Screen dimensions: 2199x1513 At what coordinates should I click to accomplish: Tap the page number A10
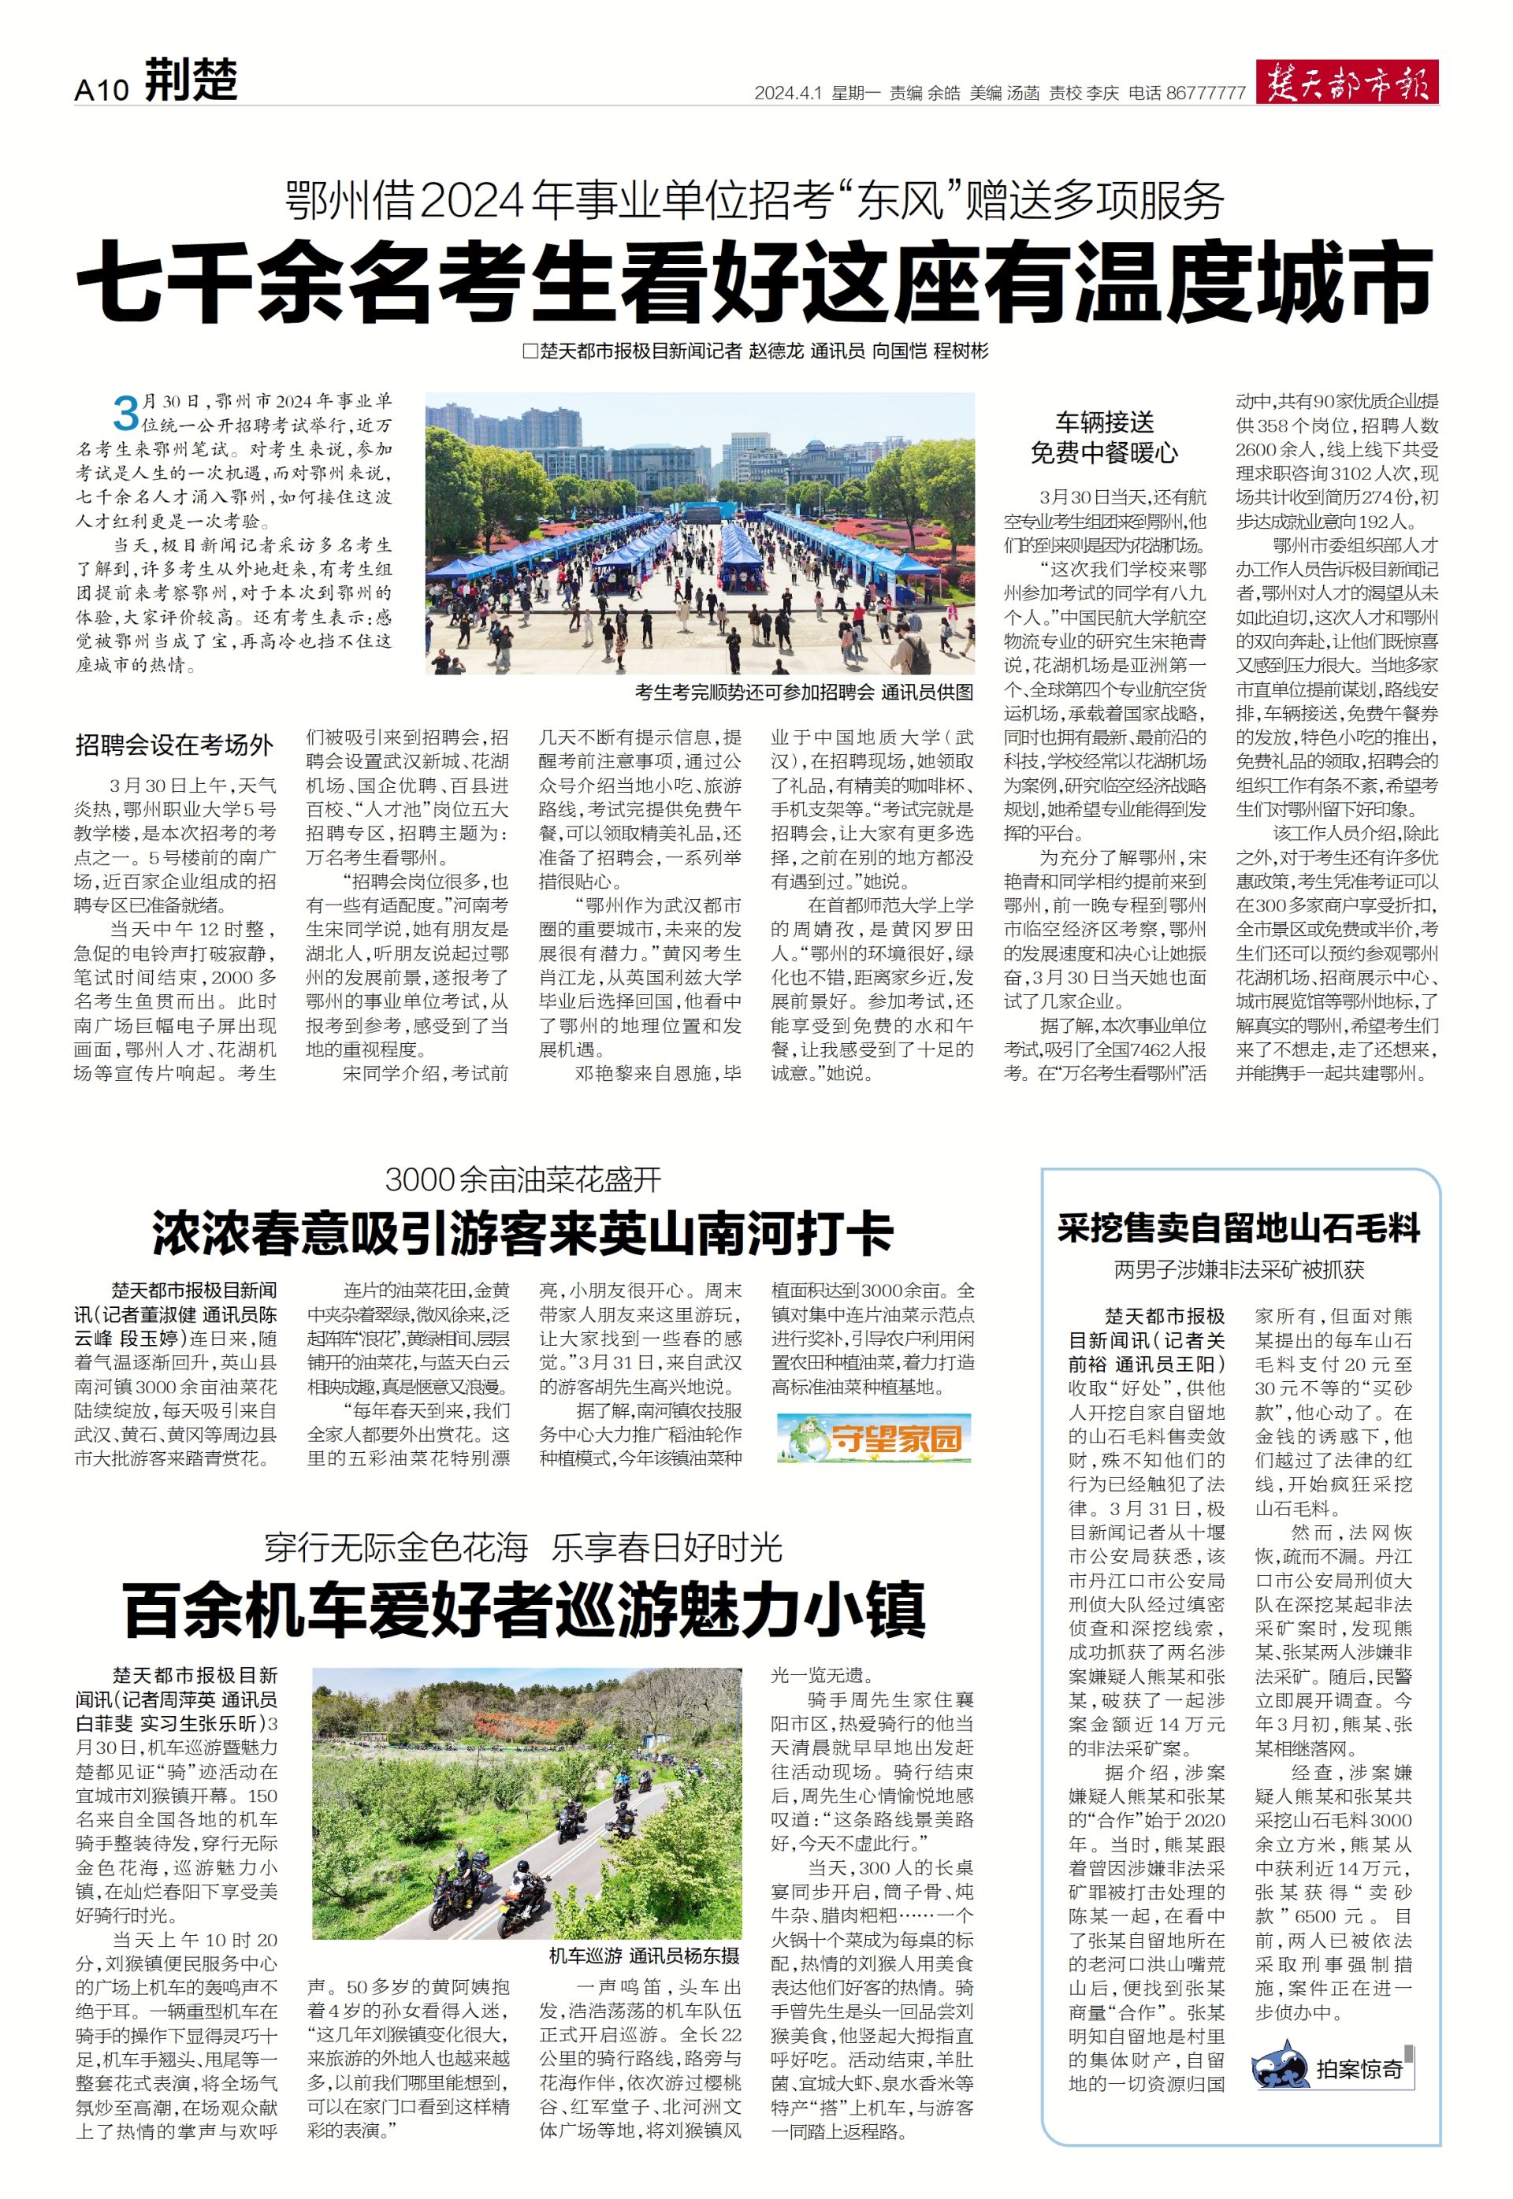101,89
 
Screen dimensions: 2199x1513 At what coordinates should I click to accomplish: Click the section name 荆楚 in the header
191,80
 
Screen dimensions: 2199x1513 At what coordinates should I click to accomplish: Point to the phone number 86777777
1206,93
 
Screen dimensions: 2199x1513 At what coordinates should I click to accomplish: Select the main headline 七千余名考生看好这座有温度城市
756,282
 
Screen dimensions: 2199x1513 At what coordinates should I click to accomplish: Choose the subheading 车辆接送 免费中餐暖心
1105,437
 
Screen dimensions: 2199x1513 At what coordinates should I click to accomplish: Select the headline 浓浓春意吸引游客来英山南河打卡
522,1234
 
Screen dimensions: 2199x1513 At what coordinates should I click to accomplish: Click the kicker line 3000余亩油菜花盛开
523,1180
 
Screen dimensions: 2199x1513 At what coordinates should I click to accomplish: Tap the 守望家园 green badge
873,1439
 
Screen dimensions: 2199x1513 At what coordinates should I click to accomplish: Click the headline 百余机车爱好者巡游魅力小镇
524,1610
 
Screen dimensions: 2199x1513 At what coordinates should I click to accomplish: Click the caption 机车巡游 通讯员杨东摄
645,1956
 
